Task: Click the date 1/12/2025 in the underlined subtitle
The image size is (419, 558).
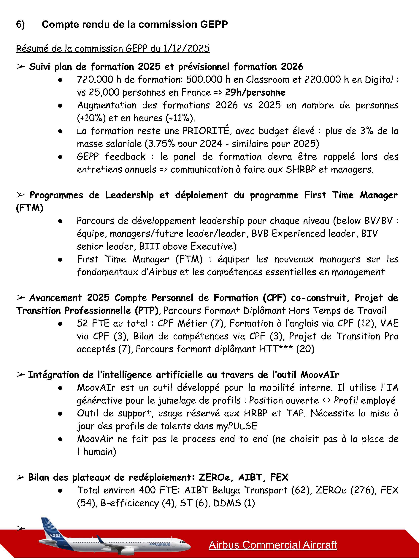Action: [186, 48]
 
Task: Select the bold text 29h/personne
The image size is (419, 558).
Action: [255, 92]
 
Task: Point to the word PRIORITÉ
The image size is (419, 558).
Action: [206, 131]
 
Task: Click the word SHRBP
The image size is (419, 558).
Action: [301, 169]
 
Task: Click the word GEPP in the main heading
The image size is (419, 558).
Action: [214, 25]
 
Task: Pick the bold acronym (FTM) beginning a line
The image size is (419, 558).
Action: [30, 208]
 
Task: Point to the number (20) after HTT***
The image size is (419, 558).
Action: [305, 349]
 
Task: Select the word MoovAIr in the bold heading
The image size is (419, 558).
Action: [320, 375]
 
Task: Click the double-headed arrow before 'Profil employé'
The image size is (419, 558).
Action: [326, 400]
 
